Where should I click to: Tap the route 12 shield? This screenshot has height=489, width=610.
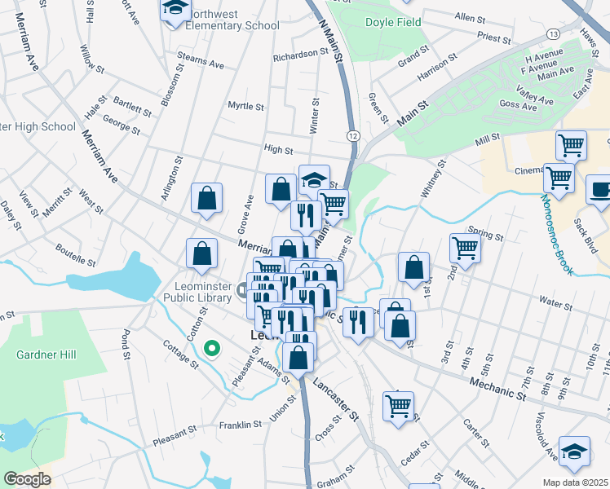coord(351,134)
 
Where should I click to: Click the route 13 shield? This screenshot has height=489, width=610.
coord(553,33)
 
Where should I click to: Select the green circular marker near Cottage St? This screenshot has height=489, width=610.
coord(212,349)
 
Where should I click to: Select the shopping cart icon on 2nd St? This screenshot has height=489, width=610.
coord(465,248)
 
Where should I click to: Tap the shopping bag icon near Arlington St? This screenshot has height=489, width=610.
coord(207,198)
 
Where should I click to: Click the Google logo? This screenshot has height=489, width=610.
coord(27,479)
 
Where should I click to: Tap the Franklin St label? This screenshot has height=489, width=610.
coord(240,425)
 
